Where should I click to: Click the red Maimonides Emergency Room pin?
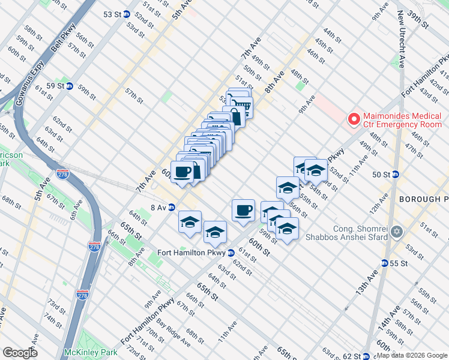pos(354,119)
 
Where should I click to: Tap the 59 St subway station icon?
pos(70,86)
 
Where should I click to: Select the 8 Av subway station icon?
pos(171,208)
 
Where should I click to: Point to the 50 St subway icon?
pos(396,175)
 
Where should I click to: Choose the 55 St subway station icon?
pos(384,263)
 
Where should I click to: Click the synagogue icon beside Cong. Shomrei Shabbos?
pos(396,232)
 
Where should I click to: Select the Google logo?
pos(20,353)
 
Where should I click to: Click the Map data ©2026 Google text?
pos(411,355)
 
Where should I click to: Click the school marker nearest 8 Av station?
pos(190,222)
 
